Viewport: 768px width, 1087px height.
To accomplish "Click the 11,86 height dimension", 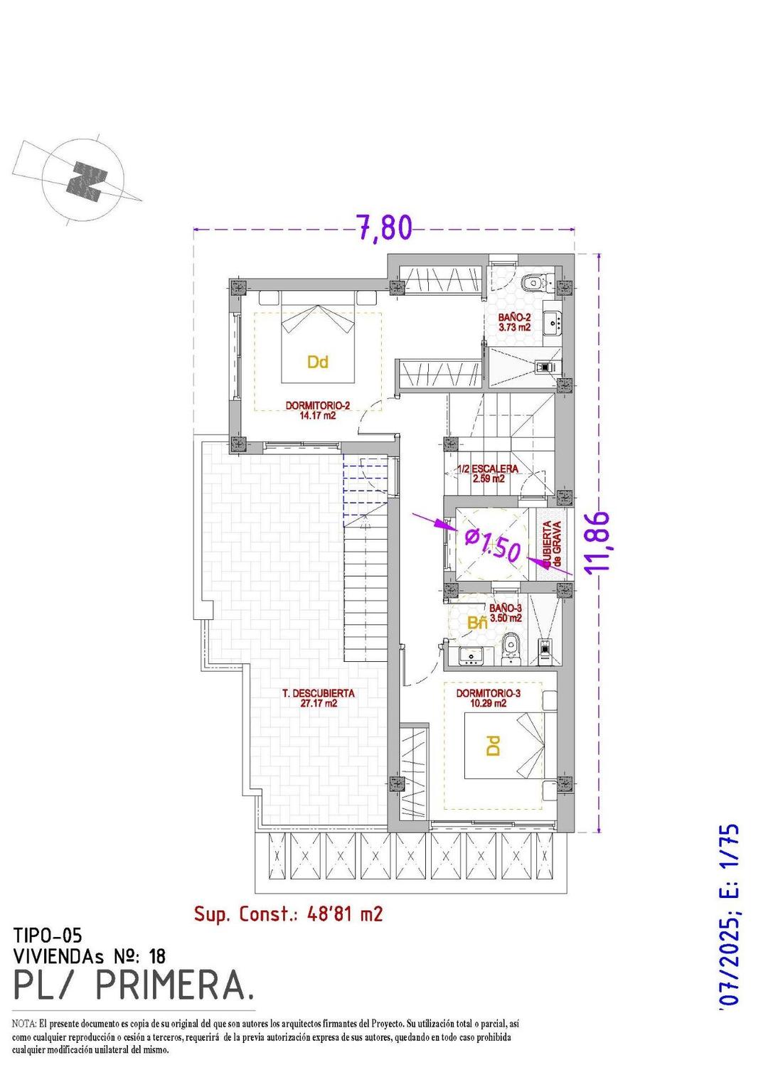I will (599, 541).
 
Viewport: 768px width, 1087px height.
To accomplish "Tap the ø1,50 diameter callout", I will (493, 545).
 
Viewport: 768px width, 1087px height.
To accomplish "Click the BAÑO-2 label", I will (514, 322).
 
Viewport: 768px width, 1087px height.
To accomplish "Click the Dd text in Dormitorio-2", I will (317, 363).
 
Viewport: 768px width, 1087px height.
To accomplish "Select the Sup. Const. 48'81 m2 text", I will (288, 914).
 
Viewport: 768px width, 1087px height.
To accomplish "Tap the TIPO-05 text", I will (52, 936).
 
